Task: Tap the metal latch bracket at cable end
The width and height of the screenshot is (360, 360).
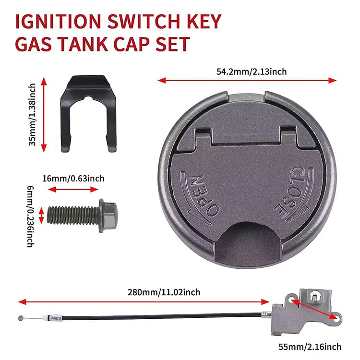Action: tap(307, 312)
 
